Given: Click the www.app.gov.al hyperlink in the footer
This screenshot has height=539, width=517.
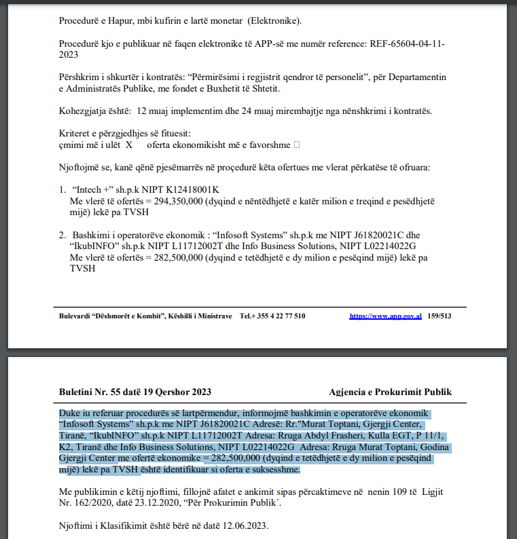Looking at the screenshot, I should click(x=385, y=316).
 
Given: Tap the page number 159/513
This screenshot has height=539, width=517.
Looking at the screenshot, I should click(x=439, y=316).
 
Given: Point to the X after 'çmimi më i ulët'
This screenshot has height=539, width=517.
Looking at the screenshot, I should click(x=128, y=145).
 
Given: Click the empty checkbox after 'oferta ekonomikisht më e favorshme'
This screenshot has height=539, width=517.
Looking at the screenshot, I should click(x=296, y=145).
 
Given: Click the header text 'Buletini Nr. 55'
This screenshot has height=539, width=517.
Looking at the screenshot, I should click(x=86, y=392).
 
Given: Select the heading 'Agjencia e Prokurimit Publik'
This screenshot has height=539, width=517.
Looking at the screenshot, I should click(x=390, y=392).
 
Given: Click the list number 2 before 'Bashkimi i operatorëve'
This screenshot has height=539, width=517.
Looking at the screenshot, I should click(x=62, y=235).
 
